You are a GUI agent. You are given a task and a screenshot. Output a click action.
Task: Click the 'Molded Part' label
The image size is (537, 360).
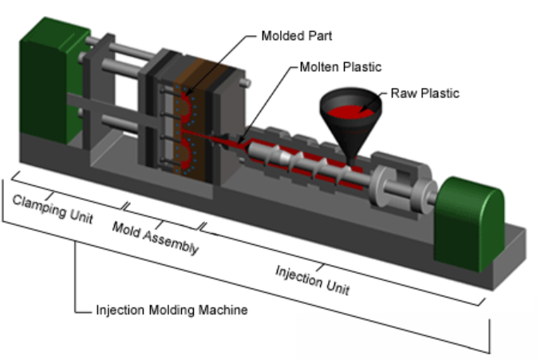[x=297, y=36]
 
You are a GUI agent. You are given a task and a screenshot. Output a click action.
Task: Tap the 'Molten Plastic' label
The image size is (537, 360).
[x=341, y=67]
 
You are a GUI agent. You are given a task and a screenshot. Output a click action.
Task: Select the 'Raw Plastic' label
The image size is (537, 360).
[x=424, y=93]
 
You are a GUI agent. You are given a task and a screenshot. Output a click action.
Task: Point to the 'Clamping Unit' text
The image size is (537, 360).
[x=53, y=209]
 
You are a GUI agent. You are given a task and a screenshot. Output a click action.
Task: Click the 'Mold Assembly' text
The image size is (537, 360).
[x=156, y=238]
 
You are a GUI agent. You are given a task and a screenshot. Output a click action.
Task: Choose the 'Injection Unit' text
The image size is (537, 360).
[x=313, y=280]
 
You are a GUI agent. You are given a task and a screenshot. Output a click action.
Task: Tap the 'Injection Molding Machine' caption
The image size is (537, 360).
[x=172, y=310]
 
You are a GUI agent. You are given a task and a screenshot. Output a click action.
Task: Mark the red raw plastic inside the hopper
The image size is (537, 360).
[x=350, y=112]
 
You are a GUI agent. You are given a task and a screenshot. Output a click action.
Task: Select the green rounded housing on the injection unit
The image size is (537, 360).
[x=468, y=224]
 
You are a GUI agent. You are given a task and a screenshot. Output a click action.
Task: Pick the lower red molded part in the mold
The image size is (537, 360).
[x=186, y=153]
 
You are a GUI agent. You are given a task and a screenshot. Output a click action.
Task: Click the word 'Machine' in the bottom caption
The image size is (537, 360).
[x=223, y=310]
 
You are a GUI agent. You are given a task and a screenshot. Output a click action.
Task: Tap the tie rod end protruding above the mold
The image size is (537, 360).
[x=244, y=82]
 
